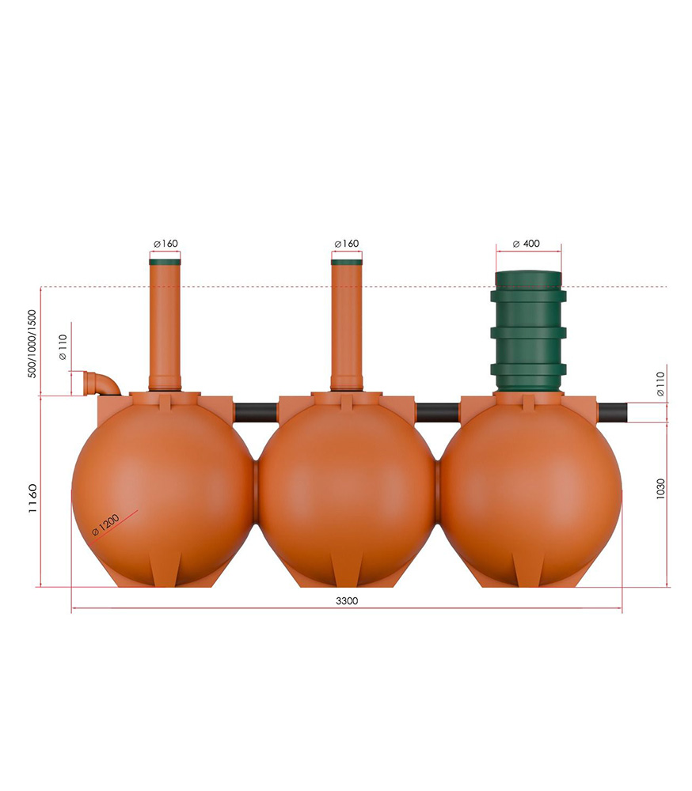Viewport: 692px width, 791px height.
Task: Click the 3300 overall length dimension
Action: pyautogui.click(x=347, y=601)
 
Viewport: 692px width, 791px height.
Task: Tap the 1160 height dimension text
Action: pyautogui.click(x=32, y=498)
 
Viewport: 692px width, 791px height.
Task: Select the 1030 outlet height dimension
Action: pyautogui.click(x=660, y=489)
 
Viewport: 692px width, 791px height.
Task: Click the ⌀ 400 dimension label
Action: pyautogui.click(x=527, y=244)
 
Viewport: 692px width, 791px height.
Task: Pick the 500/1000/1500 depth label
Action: pyautogui.click(x=32, y=343)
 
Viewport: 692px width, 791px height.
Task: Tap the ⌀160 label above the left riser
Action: pyautogui.click(x=165, y=244)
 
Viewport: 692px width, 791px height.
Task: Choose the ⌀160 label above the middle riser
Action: pyautogui.click(x=347, y=244)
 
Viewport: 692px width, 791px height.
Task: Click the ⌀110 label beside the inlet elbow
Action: pyautogui.click(x=63, y=347)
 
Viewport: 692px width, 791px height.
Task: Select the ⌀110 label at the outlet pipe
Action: pyautogui.click(x=660, y=384)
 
